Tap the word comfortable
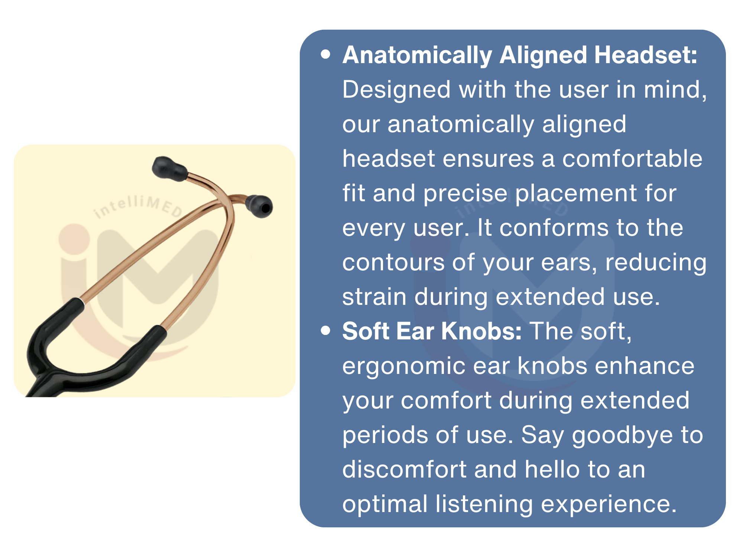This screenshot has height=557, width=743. point(632,159)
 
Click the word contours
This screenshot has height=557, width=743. point(393,262)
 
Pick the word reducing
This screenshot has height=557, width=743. point(656,263)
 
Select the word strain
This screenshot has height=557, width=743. point(374,297)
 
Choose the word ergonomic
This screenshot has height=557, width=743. point(403,367)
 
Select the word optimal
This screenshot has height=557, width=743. point(385,505)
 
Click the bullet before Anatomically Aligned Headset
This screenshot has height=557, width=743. point(326,55)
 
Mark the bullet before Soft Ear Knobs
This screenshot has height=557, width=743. point(326,330)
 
